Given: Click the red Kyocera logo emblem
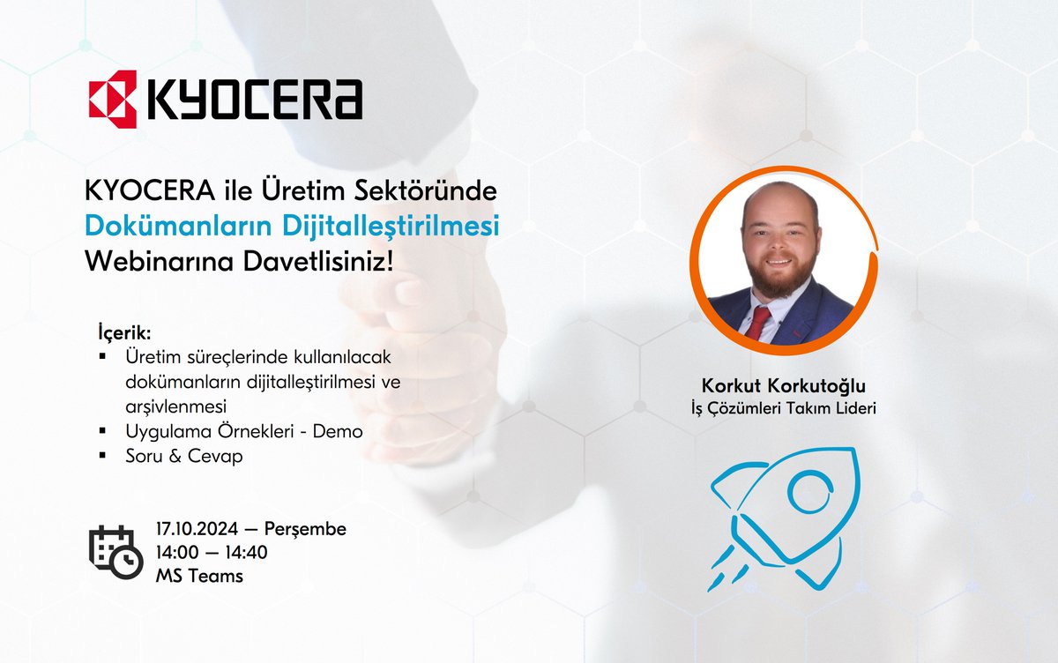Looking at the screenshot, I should (112, 98).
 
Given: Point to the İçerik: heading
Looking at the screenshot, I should (124, 335).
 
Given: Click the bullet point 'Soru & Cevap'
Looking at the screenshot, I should (177, 457).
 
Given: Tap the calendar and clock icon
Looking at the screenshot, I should (115, 551).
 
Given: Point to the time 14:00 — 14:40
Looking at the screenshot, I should (211, 553).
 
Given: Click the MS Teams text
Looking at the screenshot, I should (198, 577).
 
